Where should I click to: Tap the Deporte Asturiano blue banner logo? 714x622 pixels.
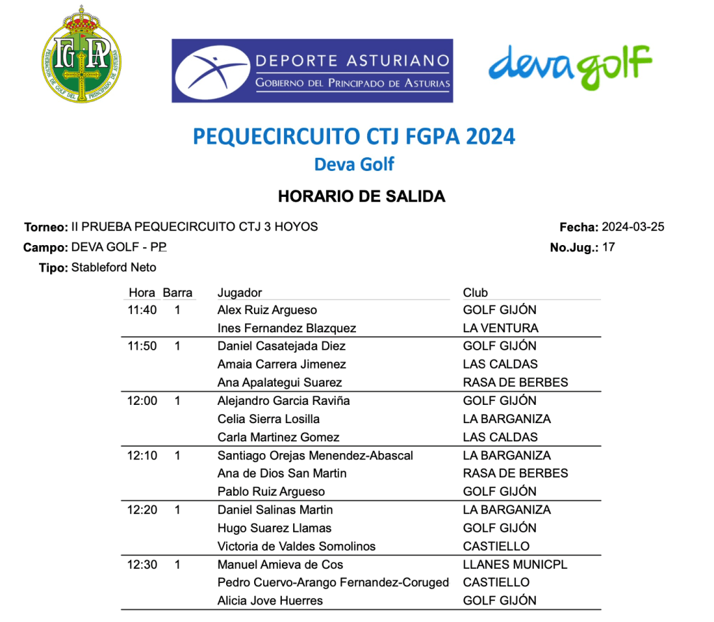click(312, 71)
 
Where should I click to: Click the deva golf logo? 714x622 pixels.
click(570, 66)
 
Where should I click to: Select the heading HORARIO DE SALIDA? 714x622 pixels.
click(361, 196)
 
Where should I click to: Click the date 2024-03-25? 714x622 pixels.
click(632, 227)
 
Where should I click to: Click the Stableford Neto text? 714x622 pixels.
click(114, 267)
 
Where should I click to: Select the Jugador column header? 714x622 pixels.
click(239, 293)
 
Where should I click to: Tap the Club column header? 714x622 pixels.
click(475, 293)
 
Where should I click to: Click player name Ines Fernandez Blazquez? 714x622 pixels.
click(287, 328)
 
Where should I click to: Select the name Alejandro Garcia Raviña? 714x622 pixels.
click(283, 401)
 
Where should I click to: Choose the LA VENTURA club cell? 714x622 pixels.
click(500, 328)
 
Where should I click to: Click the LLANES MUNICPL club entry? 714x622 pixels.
click(515, 565)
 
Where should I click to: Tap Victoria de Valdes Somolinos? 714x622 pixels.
click(297, 547)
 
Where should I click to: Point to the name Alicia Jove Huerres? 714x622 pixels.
click(270, 601)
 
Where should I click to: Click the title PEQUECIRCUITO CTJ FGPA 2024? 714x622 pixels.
click(354, 136)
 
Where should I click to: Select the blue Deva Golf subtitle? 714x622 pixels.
click(354, 165)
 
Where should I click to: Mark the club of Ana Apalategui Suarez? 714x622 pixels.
click(515, 383)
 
